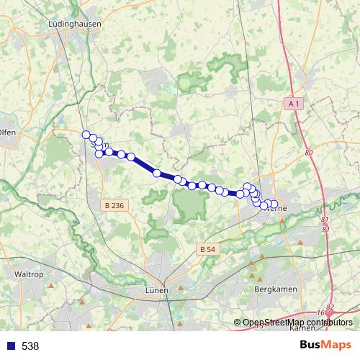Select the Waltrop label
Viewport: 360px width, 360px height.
pos(31,274)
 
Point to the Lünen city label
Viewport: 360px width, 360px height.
pos(156,290)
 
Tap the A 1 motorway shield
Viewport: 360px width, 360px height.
pos(292,104)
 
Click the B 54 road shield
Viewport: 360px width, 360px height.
pos(207,249)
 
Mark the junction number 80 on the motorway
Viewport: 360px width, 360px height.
pos(309,153)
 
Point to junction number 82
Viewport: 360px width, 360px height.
pos(330,307)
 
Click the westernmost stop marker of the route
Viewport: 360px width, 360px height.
pos(86,135)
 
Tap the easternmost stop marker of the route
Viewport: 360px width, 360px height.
pos(274,204)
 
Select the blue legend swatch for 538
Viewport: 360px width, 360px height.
pos(9,346)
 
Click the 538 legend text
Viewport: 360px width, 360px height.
pos(30,346)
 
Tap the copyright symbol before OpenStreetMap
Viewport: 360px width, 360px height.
pos(238,322)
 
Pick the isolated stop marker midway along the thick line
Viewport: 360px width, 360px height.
pos(156,173)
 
